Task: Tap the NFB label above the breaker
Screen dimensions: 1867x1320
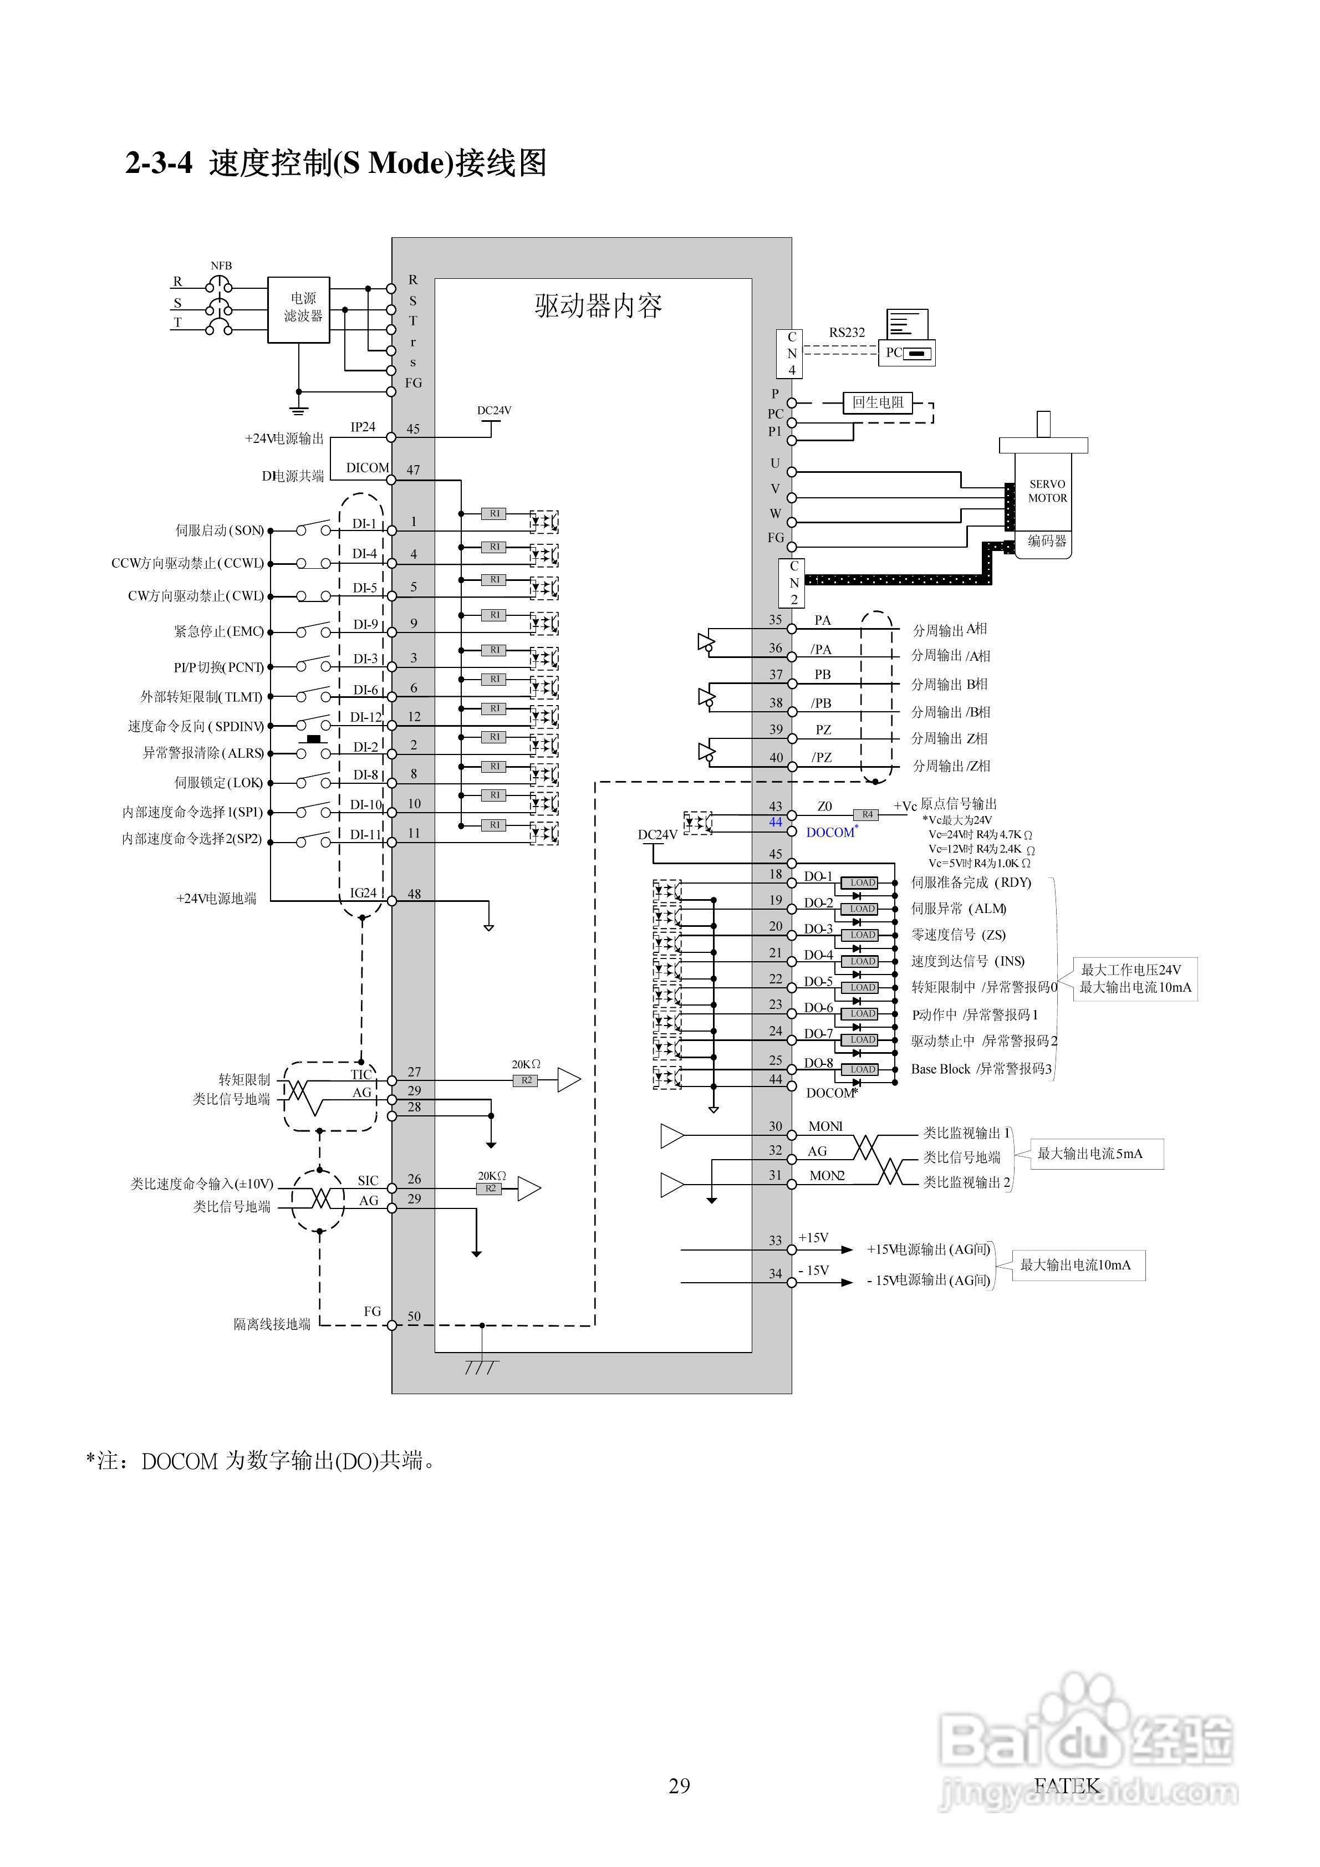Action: point(221,266)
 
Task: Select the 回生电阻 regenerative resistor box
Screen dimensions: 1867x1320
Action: point(878,402)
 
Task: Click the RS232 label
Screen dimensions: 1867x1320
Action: point(847,333)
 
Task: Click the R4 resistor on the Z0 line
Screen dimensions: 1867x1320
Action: point(867,815)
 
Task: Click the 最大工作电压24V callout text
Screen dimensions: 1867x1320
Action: point(1130,970)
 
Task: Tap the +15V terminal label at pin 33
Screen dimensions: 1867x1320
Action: point(813,1238)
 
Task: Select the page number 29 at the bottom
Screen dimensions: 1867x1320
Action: point(679,1786)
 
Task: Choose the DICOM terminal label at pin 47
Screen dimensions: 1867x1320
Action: point(368,468)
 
